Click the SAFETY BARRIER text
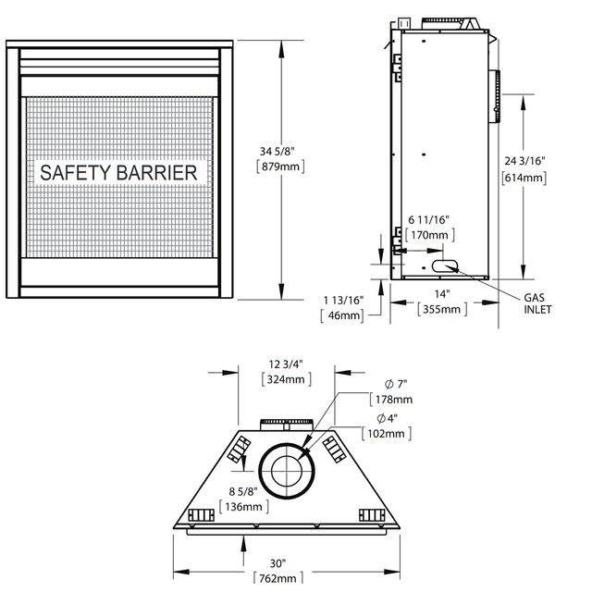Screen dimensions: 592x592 (118, 173)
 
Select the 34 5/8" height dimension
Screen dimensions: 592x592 (277, 152)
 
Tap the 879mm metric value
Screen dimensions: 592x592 (280, 166)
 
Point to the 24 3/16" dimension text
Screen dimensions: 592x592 (525, 161)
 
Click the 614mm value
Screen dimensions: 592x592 (524, 178)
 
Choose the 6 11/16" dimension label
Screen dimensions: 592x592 (429, 219)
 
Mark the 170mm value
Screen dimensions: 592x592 (429, 235)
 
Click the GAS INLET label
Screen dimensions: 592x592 (537, 303)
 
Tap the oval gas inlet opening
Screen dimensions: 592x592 (445, 265)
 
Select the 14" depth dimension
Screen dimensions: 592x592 (442, 294)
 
